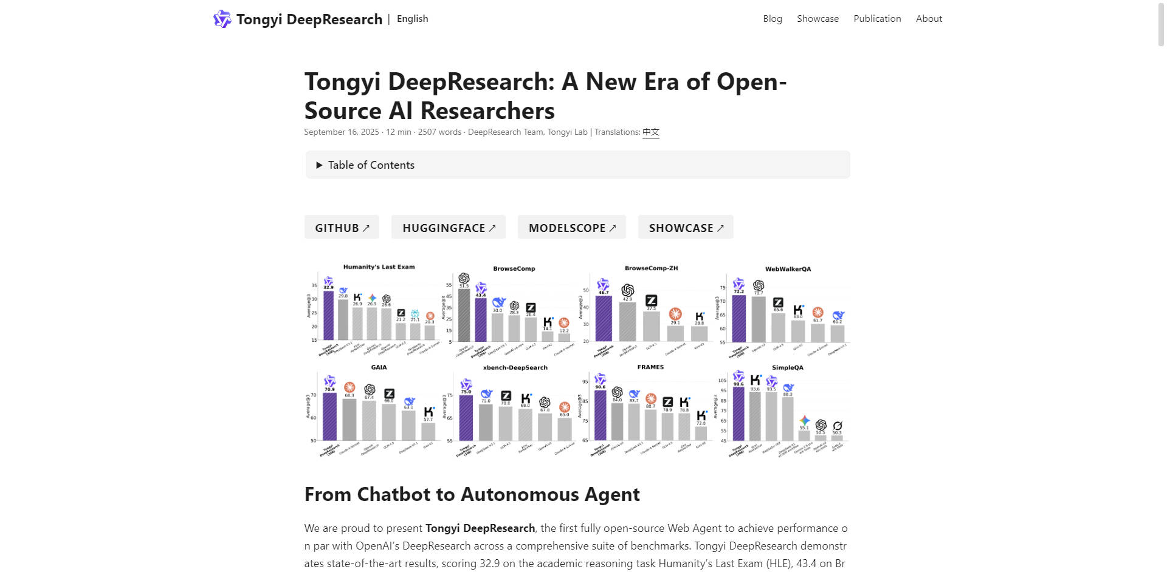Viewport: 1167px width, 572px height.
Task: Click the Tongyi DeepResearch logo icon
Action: [222, 19]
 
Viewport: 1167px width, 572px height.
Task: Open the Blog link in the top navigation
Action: [773, 19]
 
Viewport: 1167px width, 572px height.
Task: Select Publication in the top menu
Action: [877, 19]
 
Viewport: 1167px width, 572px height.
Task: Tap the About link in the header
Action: [929, 19]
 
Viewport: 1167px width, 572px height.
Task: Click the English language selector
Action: [412, 19]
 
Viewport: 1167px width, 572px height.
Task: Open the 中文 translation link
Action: [651, 132]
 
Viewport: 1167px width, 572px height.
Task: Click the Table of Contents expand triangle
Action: [319, 165]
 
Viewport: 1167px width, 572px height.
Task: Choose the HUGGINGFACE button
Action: [449, 228]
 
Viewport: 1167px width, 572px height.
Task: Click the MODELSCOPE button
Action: [572, 228]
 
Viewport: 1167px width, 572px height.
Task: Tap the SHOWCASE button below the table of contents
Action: [686, 228]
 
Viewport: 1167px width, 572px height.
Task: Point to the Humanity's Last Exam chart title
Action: [379, 267]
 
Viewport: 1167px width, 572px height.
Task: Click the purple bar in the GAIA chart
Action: [329, 416]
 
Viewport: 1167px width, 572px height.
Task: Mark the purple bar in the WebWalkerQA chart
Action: [738, 318]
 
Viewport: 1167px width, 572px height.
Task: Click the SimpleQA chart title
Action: [787, 368]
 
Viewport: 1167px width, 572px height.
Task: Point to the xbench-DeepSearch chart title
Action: [515, 368]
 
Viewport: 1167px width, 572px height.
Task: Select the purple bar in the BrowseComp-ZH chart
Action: [604, 318]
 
